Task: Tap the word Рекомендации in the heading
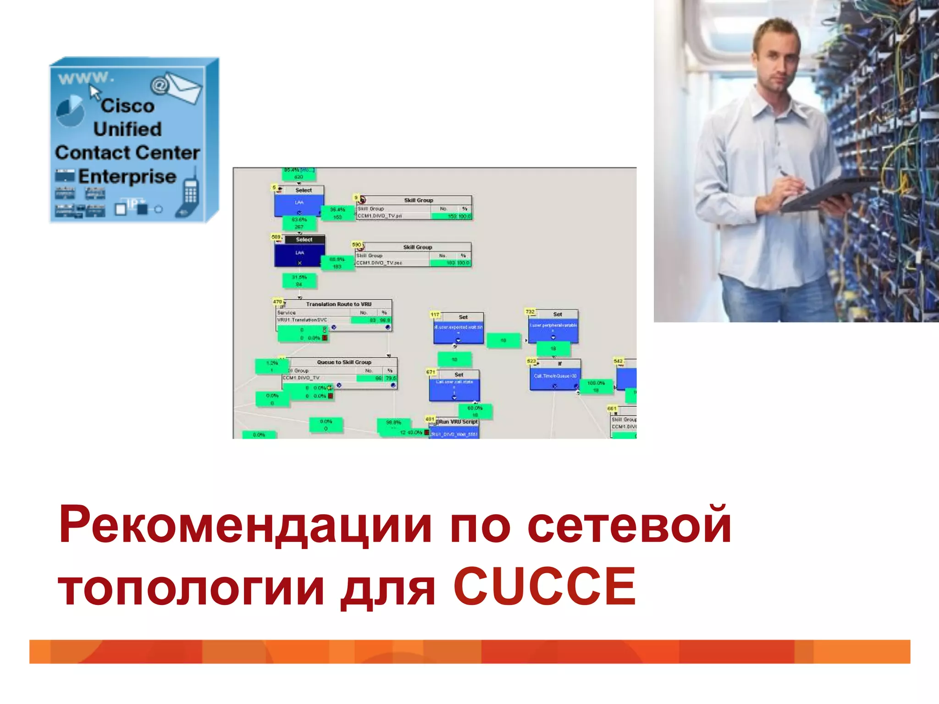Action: click(245, 525)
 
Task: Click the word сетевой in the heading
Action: click(629, 525)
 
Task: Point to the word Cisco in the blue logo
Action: click(127, 106)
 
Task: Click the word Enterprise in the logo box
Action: click(127, 176)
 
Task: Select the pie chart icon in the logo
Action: click(70, 111)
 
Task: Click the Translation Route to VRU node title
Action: click(338, 304)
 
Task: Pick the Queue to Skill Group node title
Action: click(344, 362)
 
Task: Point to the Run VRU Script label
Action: click(458, 422)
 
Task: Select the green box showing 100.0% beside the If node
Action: click(596, 386)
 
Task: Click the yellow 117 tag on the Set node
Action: click(435, 315)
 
